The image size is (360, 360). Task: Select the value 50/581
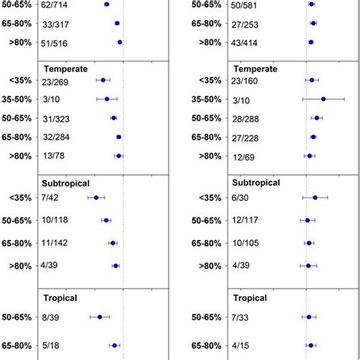[243, 5]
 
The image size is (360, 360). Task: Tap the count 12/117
[243, 221]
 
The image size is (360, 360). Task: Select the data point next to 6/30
[315, 197]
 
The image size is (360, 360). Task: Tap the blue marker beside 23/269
[103, 80]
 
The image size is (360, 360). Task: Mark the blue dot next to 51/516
[120, 42]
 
